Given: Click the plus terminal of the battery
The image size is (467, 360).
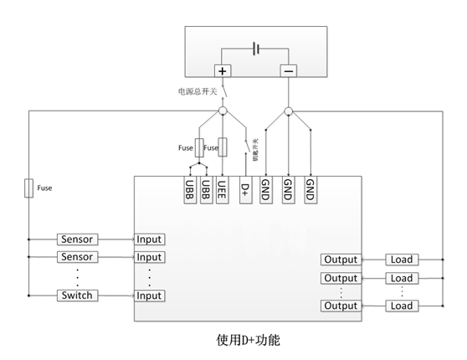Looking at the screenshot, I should click(x=223, y=72).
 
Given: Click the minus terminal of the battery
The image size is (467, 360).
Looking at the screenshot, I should click(x=288, y=72).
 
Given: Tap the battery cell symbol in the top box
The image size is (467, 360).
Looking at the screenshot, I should click(x=256, y=49).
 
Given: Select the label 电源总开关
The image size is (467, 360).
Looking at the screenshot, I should click(x=198, y=91).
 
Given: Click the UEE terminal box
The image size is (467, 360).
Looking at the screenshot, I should click(x=223, y=189).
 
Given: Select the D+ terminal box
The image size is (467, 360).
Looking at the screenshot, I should click(x=245, y=189).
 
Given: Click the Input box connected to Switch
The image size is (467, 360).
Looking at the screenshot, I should click(x=149, y=296).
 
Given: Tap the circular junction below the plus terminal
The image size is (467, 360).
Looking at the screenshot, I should click(x=223, y=111).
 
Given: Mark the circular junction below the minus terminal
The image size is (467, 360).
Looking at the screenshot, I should click(x=288, y=111).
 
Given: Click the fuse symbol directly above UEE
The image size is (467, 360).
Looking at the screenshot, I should click(x=223, y=147).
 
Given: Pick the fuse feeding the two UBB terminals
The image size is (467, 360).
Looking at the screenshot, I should click(x=198, y=147).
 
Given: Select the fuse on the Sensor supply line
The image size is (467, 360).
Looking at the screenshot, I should click(x=28, y=188).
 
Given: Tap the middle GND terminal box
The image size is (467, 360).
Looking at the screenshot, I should click(x=288, y=189).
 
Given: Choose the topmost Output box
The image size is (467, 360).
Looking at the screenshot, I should click(x=341, y=260).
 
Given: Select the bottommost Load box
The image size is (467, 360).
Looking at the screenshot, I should click(x=402, y=306).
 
